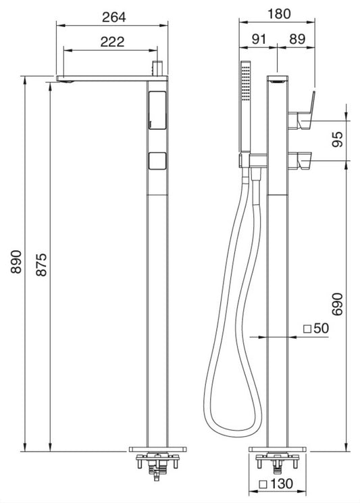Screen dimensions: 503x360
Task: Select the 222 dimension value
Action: [111, 41]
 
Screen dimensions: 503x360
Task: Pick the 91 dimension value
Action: [257, 40]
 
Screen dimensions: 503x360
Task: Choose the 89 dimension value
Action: [297, 40]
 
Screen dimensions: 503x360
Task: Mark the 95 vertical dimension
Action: [338, 139]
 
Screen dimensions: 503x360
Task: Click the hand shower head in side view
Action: [244, 108]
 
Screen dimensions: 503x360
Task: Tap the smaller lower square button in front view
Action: [157, 161]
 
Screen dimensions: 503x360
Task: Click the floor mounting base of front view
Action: [157, 448]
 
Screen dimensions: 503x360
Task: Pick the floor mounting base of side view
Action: [278, 448]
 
